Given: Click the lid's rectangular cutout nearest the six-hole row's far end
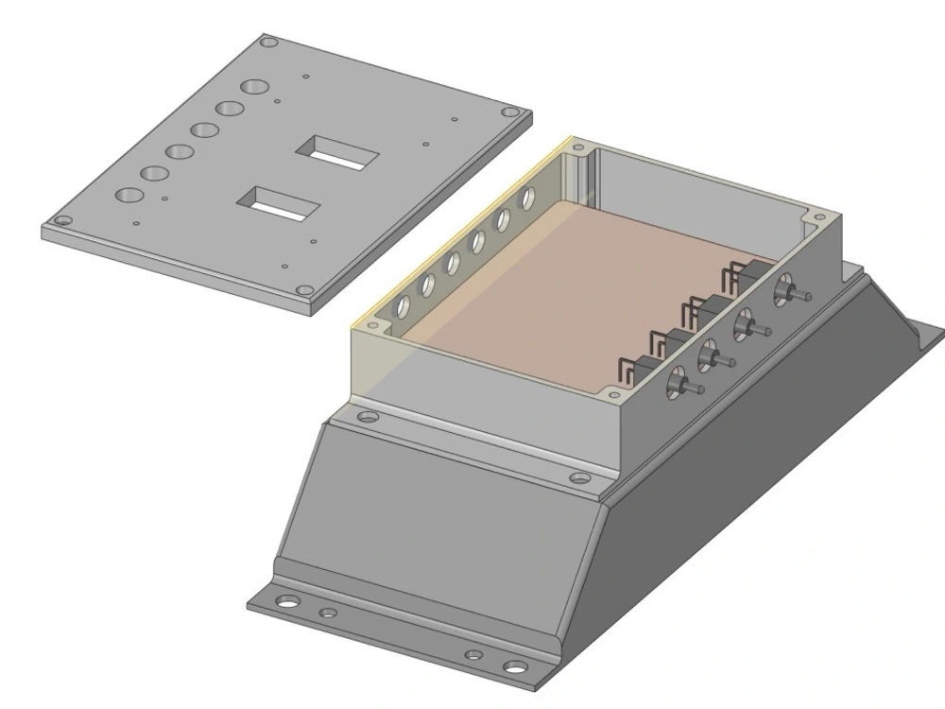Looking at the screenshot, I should click(338, 152).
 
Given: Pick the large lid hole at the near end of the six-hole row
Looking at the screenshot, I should click(129, 195).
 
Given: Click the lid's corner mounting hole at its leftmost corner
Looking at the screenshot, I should click(62, 221).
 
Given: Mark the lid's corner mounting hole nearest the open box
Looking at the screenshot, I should click(303, 290).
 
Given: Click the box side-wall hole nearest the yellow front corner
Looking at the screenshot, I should click(404, 304).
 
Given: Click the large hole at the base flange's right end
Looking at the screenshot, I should click(515, 667).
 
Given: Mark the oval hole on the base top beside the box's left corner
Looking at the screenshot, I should click(369, 416).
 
